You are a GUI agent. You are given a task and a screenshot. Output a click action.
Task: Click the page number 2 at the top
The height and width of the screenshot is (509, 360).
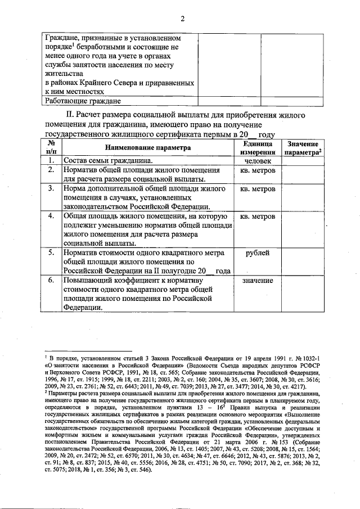(182, 19)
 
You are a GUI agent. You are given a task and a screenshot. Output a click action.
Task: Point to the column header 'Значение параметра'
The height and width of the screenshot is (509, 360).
(302, 148)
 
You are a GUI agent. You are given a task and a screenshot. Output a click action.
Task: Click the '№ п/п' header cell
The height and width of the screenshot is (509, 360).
(51, 148)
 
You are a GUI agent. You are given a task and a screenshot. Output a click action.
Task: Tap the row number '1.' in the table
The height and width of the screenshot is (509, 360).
(51, 160)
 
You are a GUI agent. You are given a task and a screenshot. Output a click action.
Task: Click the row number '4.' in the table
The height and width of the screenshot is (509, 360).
(51, 217)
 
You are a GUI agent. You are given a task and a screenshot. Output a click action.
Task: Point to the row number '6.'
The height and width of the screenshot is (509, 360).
(51, 280)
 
